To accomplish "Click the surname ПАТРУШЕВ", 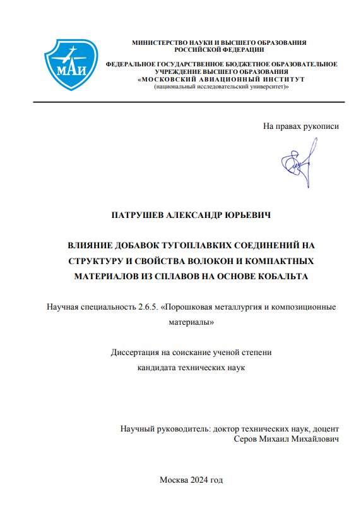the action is click(138, 215).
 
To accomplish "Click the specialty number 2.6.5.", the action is click(148, 308).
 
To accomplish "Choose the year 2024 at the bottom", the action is click(200, 480).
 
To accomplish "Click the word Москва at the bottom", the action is click(174, 480).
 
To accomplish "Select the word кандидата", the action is click(158, 366).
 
